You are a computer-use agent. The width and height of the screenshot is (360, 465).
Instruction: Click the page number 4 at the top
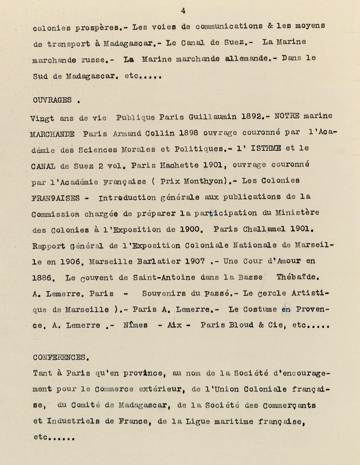pos(183,11)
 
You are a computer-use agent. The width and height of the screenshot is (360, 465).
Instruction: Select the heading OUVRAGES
pos(52,100)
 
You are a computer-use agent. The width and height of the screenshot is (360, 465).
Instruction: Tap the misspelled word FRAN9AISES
pos(55,198)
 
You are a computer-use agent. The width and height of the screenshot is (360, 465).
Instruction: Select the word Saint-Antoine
pos(164,278)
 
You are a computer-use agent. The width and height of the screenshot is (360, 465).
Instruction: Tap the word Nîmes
pos(135,325)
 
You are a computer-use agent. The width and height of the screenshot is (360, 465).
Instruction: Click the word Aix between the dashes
pos(175,325)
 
